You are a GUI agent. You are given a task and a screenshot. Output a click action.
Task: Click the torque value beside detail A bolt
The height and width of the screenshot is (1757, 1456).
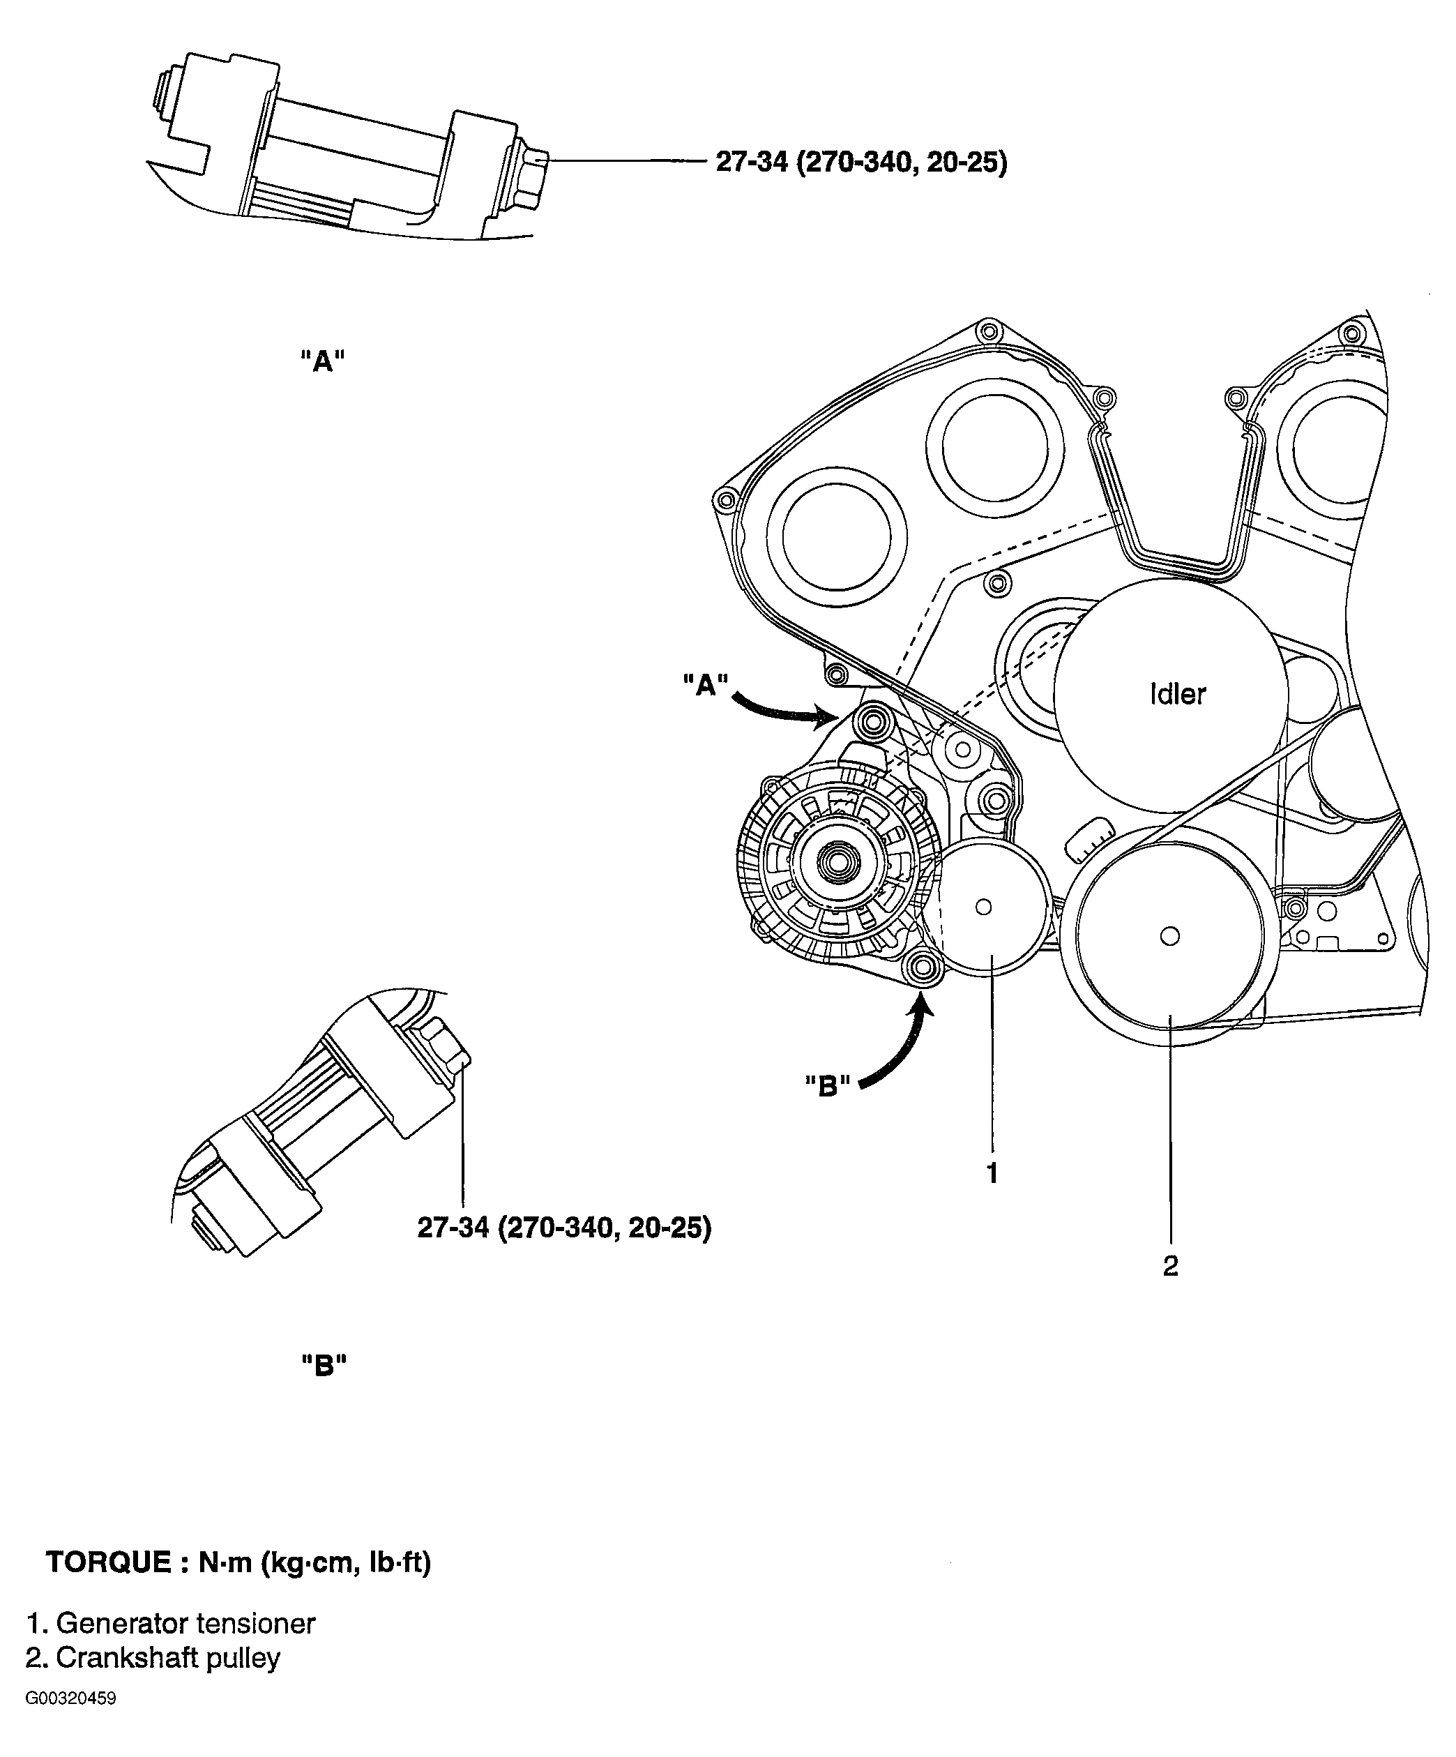click(860, 162)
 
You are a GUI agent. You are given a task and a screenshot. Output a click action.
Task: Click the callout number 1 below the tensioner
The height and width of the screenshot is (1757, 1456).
click(992, 1174)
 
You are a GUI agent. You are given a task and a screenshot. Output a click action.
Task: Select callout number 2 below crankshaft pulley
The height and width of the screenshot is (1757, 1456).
click(1170, 1266)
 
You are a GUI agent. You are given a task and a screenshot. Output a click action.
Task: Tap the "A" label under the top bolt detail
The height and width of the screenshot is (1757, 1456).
click(323, 361)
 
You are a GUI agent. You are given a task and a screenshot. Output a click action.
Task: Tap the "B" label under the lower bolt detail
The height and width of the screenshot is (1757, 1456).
click(324, 1366)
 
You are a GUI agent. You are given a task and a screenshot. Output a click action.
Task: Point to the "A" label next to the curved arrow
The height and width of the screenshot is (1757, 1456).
click(705, 685)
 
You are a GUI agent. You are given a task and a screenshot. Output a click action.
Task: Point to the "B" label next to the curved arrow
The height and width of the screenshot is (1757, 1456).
click(827, 1086)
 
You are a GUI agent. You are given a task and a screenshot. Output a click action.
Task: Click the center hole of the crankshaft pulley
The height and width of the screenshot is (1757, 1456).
click(1170, 935)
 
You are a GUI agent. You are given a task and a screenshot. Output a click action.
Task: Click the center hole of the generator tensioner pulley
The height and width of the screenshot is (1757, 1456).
click(983, 907)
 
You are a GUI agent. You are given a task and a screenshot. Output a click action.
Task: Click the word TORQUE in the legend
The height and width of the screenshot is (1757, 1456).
click(108, 1562)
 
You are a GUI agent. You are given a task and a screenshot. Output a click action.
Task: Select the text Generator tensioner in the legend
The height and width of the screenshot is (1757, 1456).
click(185, 1624)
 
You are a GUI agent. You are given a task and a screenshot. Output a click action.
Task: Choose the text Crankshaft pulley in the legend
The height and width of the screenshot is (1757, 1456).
click(167, 1657)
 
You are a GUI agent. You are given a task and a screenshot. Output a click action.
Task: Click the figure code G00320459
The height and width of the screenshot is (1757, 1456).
click(71, 1698)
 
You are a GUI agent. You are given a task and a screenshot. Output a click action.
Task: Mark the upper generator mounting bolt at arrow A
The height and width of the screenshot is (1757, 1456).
click(870, 720)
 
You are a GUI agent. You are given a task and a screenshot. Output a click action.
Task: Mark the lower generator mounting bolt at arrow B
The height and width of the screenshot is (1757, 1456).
click(923, 967)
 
